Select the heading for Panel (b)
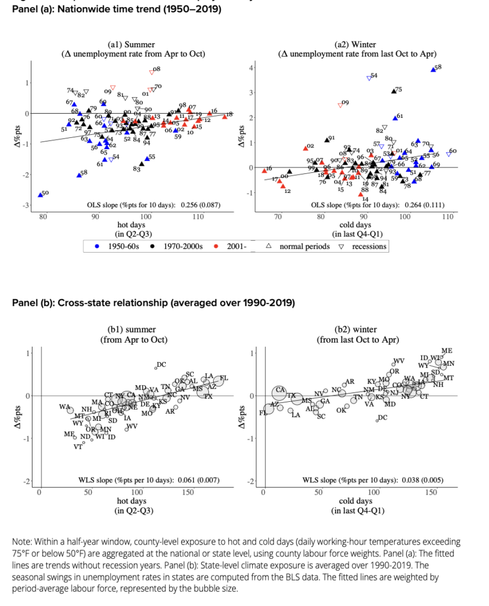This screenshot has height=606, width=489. tap(153, 303)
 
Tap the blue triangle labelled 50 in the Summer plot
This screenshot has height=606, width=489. tap(40, 194)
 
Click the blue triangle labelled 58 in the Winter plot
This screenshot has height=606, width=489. tap(433, 69)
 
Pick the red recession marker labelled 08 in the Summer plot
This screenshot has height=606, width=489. tap(152, 72)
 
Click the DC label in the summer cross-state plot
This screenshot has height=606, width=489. tap(160, 365)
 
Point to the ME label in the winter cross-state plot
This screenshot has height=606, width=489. tap(447, 351)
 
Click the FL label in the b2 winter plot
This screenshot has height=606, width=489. tap(263, 412)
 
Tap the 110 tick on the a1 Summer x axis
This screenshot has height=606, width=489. tap(199, 217)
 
